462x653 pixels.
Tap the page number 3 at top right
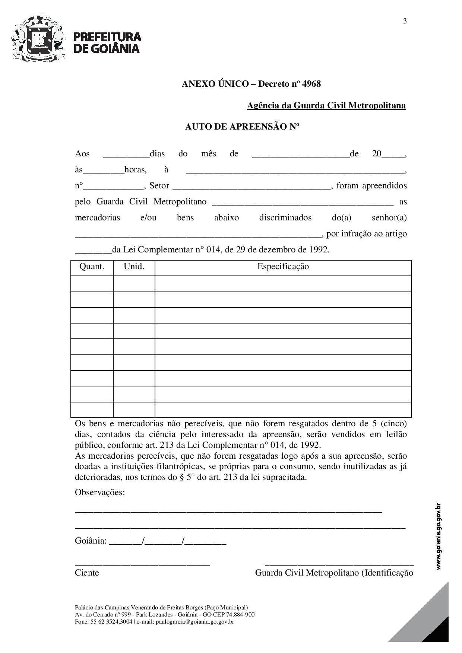tap(405, 21)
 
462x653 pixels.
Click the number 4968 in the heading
tap(311, 84)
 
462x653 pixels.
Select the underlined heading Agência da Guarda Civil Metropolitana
tap(326, 106)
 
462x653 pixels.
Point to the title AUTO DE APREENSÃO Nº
tap(242, 127)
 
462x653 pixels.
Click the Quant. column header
tap(92, 267)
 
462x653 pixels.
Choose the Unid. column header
tap(134, 267)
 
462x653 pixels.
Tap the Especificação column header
tap(283, 267)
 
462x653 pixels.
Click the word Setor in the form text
tap(159, 186)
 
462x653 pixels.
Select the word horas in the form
tap(135, 170)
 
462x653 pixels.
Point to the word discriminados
tap(285, 218)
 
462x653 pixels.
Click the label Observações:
tap(100, 493)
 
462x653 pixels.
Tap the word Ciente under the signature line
tap(87, 573)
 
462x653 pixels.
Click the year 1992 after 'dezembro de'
tap(319, 250)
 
